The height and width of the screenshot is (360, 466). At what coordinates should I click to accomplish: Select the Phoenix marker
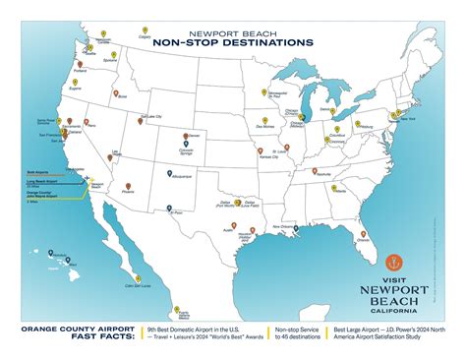coord(128,184)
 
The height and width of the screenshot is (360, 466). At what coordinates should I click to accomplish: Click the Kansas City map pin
coord(260,150)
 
